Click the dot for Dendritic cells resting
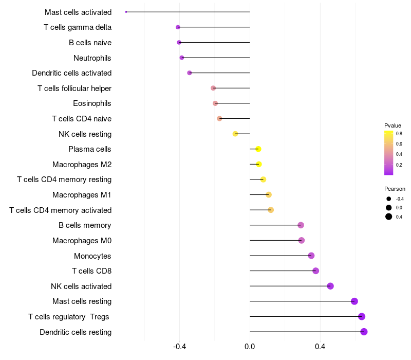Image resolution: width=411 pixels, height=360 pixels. click(x=364, y=332)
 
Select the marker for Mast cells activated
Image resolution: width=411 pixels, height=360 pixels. click(x=126, y=12)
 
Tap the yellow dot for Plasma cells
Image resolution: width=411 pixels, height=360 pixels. click(x=258, y=149)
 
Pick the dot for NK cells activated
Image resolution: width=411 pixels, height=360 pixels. click(x=330, y=286)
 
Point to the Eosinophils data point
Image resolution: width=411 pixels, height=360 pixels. click(x=215, y=103)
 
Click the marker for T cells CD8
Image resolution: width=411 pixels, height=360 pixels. click(x=316, y=271)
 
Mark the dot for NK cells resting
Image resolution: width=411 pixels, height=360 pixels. click(x=235, y=134)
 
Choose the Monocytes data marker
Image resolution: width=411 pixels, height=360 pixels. click(x=311, y=256)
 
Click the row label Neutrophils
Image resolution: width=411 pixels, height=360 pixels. click(x=92, y=58)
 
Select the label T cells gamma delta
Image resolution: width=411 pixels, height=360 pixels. click(x=78, y=27)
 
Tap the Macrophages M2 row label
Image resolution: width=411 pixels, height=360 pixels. click(x=82, y=165)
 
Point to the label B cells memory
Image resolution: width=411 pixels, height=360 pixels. click(x=85, y=225)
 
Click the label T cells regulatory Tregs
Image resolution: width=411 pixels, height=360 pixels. click(x=69, y=317)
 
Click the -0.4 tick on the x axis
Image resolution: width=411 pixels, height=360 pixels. click(x=179, y=347)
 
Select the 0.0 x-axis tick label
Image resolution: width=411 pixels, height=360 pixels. click(x=250, y=347)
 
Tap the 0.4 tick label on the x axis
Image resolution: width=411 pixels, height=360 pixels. click(x=320, y=347)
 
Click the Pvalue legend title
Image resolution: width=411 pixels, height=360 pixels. click(x=393, y=125)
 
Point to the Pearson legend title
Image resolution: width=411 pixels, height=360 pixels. click(x=395, y=189)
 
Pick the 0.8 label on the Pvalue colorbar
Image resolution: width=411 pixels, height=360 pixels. click(x=399, y=133)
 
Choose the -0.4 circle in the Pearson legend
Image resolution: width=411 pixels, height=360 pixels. click(x=389, y=199)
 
